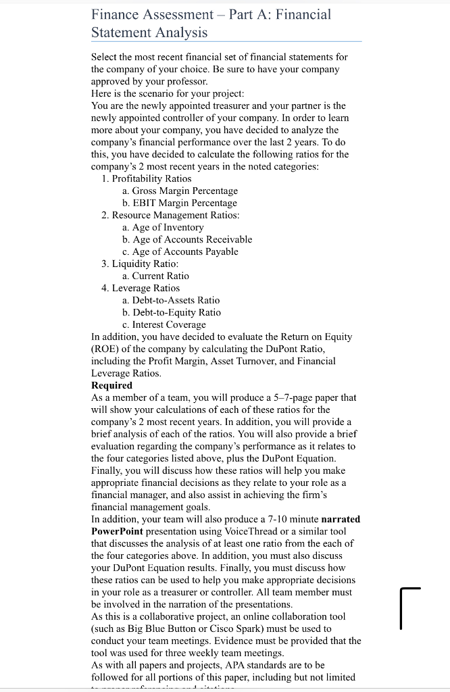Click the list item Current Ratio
(155, 276)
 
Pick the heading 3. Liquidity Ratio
(140, 264)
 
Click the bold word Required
(111, 385)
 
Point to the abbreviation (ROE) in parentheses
(106, 349)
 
